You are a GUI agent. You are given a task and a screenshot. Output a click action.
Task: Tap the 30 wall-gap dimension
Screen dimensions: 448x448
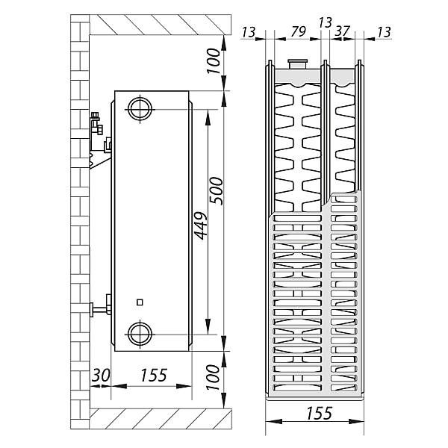(x=100, y=376)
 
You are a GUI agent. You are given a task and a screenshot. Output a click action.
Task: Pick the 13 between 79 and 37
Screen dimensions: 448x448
(x=325, y=22)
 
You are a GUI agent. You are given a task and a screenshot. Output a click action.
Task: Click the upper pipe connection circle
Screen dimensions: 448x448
(x=139, y=108)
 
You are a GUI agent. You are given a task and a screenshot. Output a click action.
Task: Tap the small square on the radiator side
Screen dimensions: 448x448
(x=140, y=302)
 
